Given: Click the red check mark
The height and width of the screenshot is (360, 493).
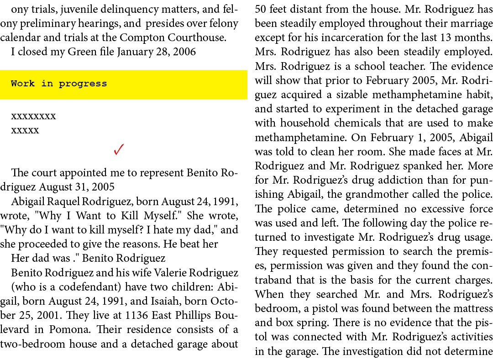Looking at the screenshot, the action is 119,149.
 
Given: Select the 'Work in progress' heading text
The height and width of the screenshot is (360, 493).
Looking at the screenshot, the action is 59,84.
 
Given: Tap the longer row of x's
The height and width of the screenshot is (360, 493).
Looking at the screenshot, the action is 33,116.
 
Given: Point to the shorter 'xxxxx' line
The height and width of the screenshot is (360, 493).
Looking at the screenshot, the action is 25,130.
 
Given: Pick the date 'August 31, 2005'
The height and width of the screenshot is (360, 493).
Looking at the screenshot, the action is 77,187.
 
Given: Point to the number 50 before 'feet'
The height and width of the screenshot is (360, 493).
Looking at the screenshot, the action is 261,9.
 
